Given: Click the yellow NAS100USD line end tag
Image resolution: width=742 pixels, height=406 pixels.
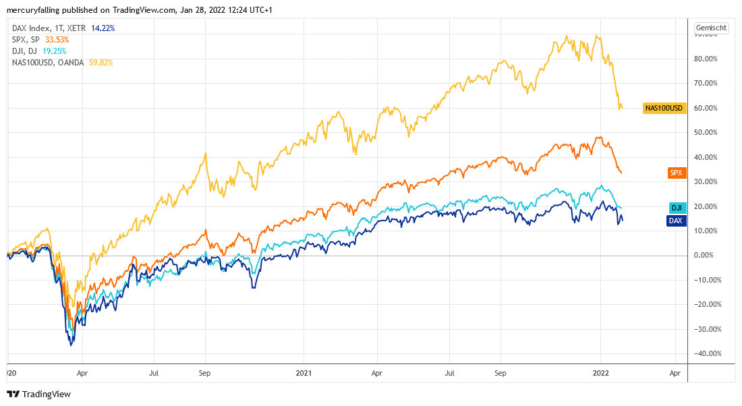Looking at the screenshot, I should [664, 108].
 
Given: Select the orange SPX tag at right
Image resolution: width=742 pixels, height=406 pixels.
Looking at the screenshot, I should [676, 173].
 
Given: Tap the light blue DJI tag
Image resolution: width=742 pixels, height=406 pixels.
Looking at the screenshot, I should [677, 208].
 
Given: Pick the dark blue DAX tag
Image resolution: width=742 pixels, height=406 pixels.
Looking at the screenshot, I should [677, 220].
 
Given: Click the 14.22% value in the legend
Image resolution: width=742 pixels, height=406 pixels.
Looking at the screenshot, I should [103, 28].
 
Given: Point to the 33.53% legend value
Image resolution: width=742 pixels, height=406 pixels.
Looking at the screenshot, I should [57, 40].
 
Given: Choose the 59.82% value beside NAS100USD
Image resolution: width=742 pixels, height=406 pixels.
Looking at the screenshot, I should [101, 63].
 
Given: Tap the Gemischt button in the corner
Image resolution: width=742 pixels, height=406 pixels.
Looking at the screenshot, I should [711, 28].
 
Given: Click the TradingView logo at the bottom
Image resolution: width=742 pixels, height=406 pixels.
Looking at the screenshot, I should [39, 394].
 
